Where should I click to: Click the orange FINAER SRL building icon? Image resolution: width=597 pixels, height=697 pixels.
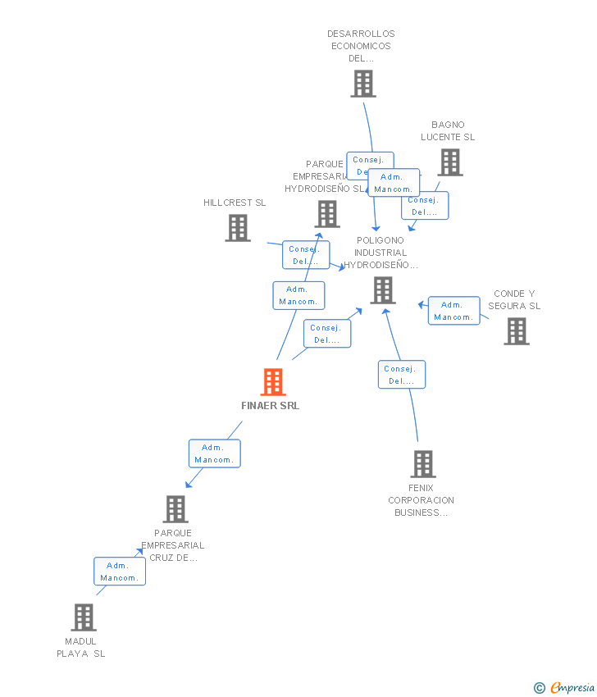click(x=273, y=382)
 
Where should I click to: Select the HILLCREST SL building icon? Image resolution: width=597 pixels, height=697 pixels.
click(x=238, y=228)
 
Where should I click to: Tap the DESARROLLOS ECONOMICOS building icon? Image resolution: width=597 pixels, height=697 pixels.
click(x=363, y=84)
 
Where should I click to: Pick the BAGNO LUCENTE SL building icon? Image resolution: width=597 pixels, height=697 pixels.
click(x=449, y=162)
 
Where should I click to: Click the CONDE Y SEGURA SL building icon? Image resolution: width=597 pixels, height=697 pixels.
click(x=516, y=331)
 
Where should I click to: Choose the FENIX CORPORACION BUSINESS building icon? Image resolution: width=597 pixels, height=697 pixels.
click(x=422, y=464)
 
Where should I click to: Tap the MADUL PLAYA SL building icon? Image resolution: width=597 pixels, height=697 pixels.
click(x=83, y=617)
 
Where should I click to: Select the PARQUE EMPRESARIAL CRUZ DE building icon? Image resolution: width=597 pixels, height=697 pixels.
click(x=175, y=509)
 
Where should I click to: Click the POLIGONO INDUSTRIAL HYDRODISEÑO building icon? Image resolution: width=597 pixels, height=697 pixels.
click(x=382, y=290)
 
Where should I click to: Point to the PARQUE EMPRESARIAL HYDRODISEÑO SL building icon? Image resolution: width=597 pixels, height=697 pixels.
click(x=326, y=214)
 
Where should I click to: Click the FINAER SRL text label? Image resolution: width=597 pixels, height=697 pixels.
click(x=271, y=406)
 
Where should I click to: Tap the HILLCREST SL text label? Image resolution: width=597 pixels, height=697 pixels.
click(x=235, y=203)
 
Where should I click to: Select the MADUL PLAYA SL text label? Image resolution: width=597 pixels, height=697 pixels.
click(x=81, y=648)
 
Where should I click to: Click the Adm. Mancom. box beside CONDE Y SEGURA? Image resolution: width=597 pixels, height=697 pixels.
click(x=453, y=311)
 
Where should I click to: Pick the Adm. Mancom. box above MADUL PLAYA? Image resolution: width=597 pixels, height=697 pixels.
click(x=120, y=572)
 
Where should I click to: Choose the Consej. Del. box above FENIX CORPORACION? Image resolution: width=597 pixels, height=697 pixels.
click(x=401, y=375)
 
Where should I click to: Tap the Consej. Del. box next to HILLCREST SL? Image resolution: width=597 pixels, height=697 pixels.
click(x=305, y=255)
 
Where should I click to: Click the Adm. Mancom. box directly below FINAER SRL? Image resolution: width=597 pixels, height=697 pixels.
click(x=215, y=453)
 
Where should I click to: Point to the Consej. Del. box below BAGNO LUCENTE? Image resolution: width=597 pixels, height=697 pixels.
click(x=424, y=206)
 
